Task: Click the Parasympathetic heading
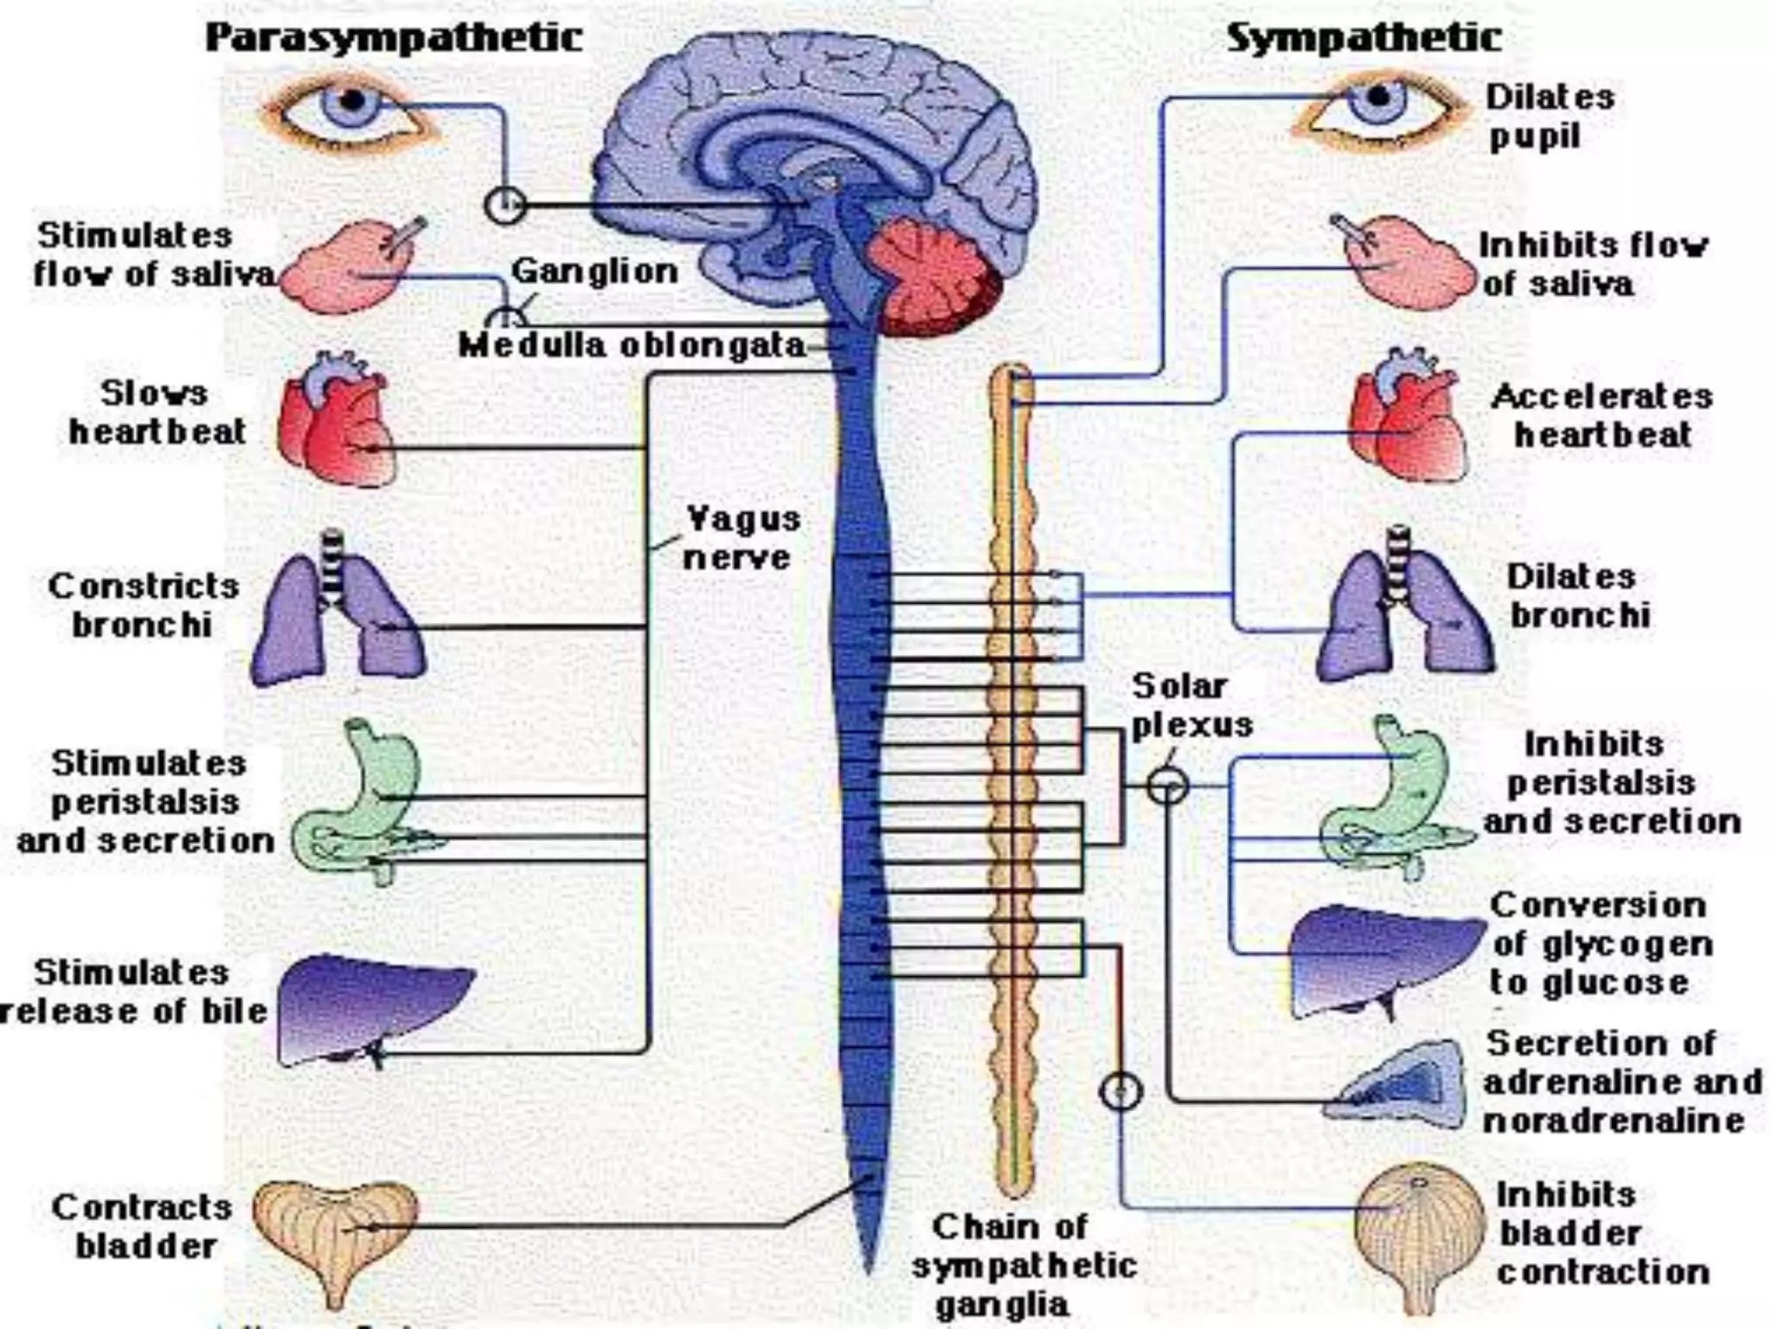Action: [x=394, y=38]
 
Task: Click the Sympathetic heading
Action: [x=1364, y=38]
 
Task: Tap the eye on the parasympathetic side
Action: [x=350, y=112]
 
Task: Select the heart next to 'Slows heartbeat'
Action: [x=337, y=424]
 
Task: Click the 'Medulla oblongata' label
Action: [x=632, y=346]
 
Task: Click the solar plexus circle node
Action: [x=1167, y=786]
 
